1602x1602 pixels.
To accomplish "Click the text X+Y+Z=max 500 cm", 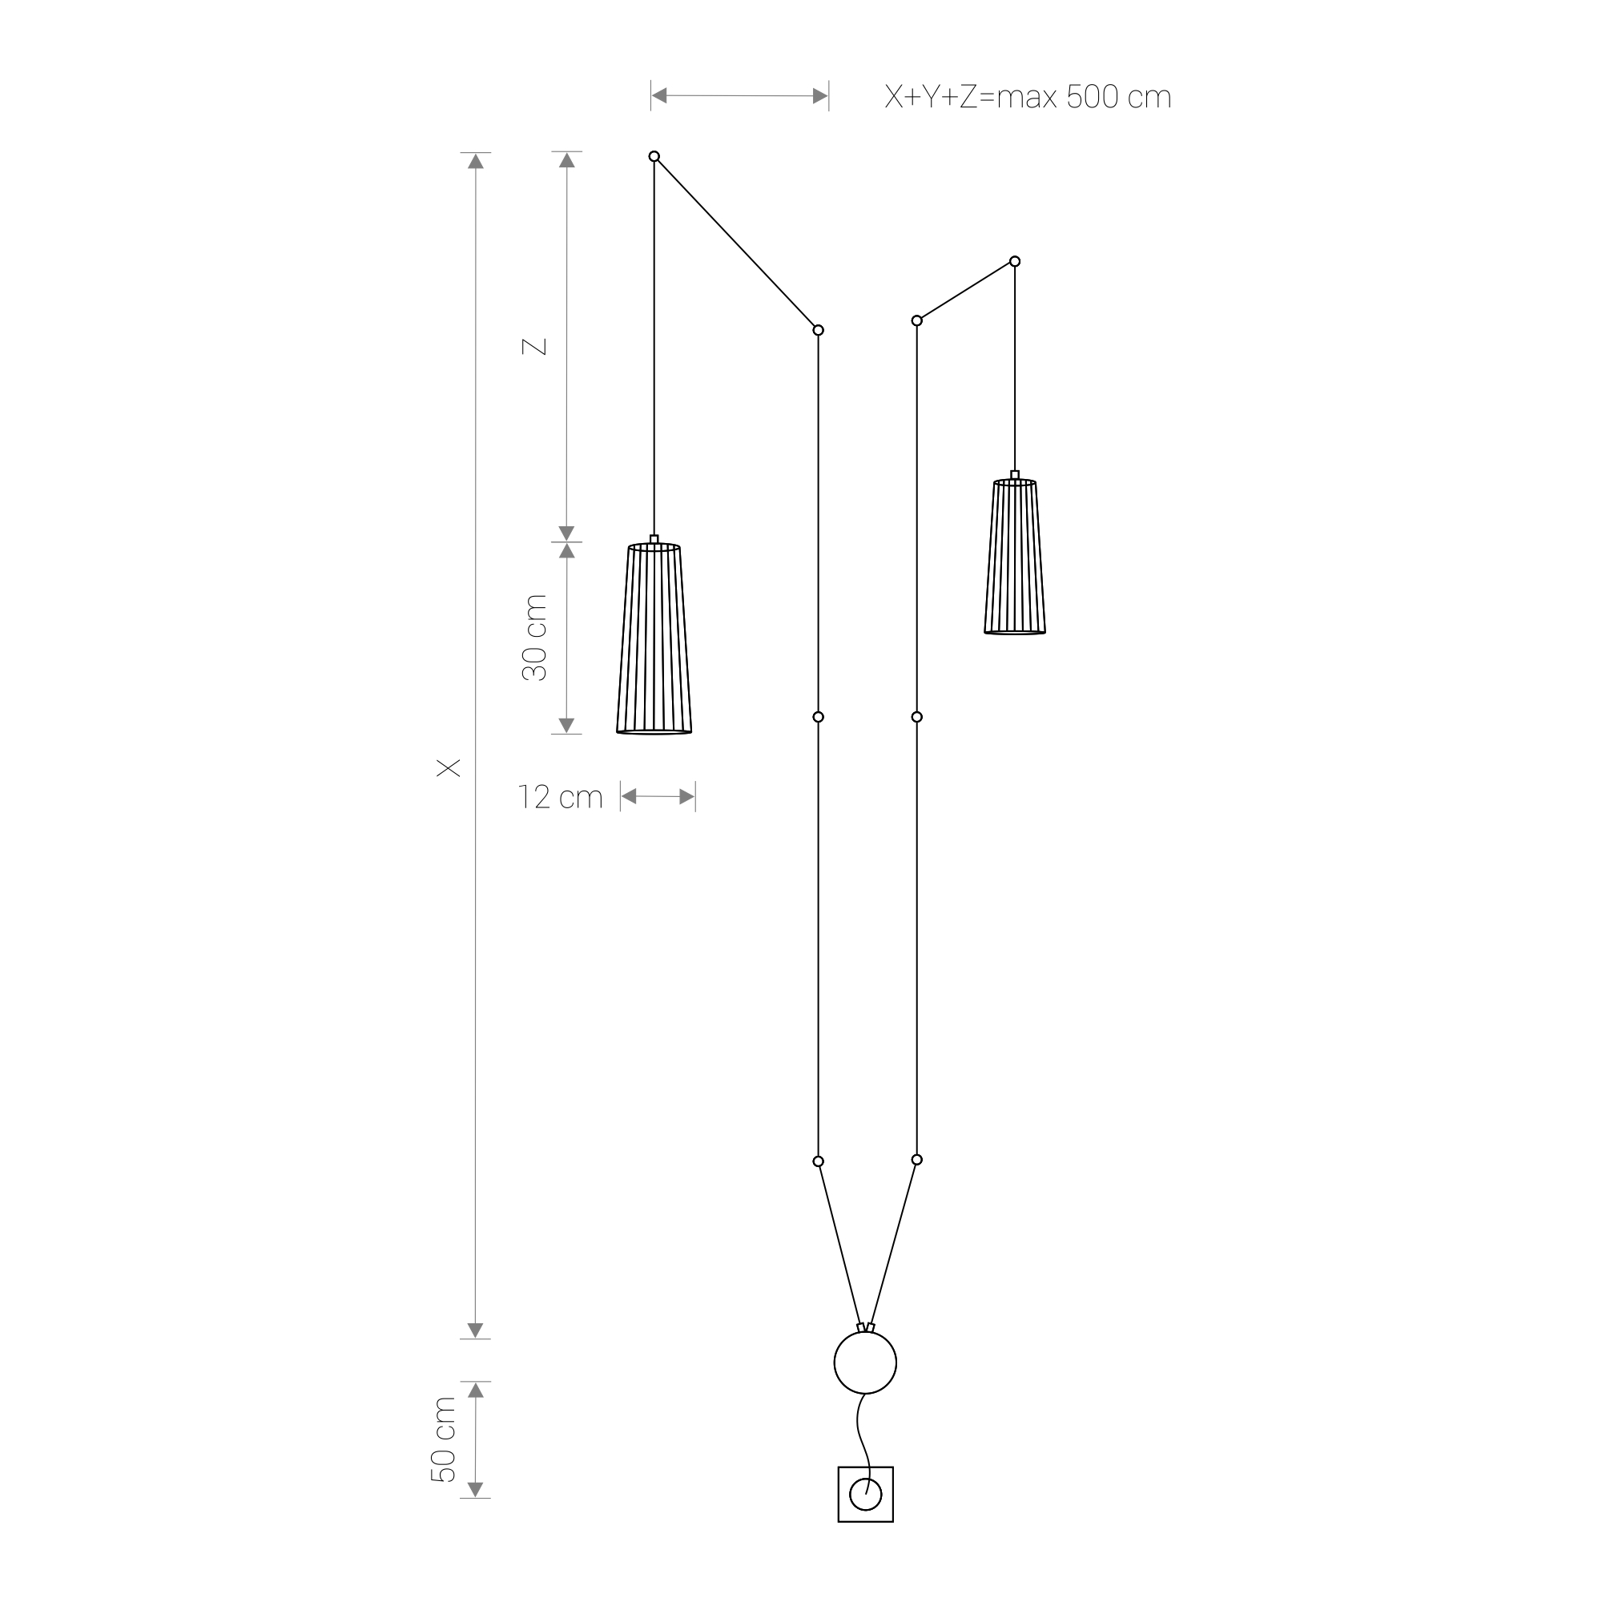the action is [1028, 97].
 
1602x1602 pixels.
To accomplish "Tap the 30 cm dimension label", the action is [535, 638].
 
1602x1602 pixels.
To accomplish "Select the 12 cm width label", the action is [561, 797].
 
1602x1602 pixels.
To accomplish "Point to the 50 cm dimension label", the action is [444, 1439].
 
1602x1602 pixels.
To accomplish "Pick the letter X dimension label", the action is [449, 768].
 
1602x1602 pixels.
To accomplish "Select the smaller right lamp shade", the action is [1015, 557].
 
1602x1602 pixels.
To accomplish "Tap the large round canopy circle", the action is [866, 1363].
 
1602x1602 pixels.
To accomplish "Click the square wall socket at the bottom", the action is [866, 1494].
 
